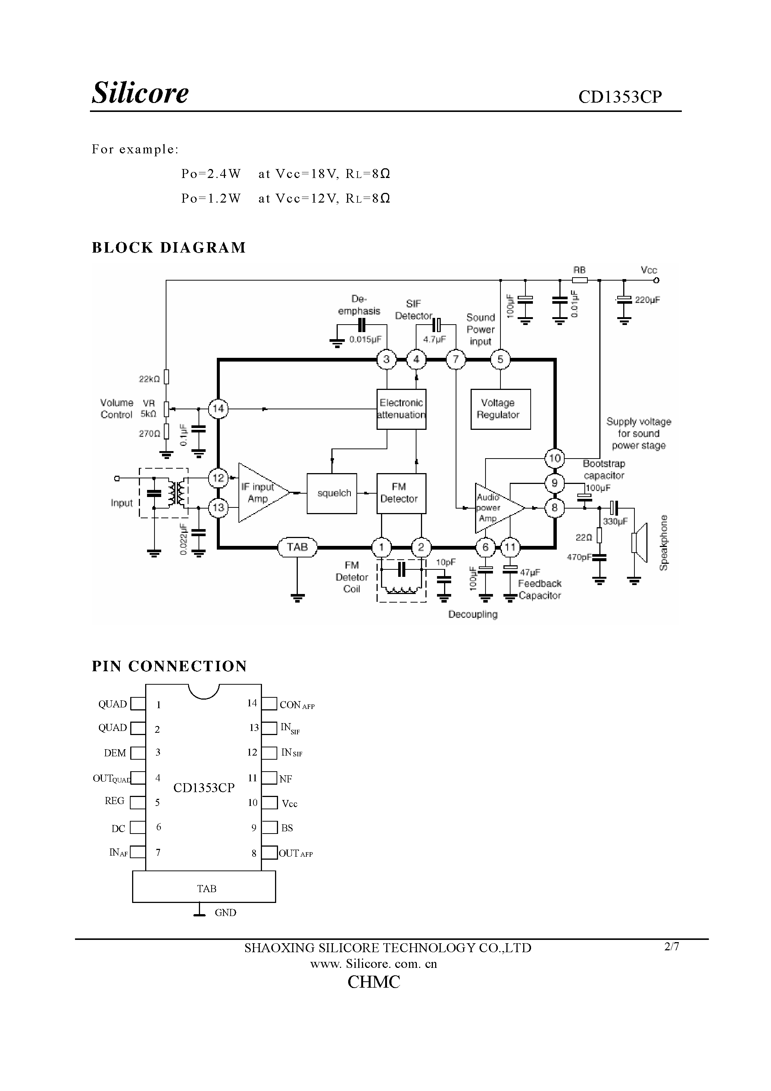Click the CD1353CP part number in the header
pos(619,97)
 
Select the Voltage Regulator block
pos(500,409)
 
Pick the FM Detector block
pos(401,493)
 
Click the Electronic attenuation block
pos(401,409)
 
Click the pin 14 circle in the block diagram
pos(218,409)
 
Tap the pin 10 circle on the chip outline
pos(554,459)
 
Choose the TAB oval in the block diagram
pos(297,547)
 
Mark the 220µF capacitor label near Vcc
pos(647,300)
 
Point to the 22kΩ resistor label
pos(149,379)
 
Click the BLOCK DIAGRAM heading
pos(169,248)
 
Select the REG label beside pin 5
pos(115,801)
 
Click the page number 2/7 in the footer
pos(671,947)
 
